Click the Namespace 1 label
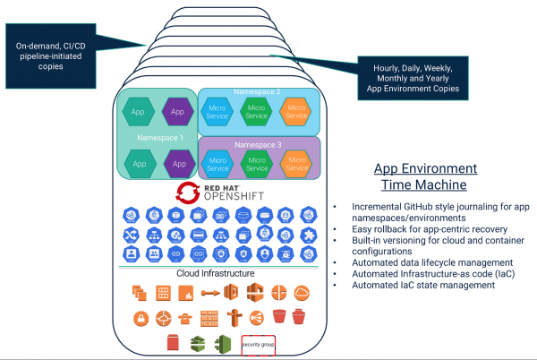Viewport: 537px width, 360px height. coord(159,138)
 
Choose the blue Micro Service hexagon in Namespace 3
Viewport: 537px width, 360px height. coord(217,163)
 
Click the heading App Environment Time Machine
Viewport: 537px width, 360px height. coord(424,177)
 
